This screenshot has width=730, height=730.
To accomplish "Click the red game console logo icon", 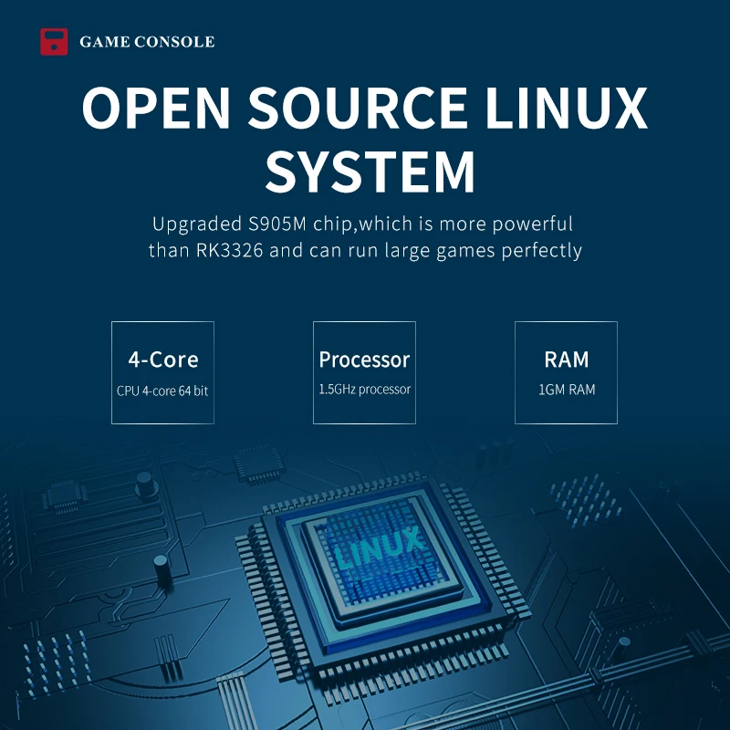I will tap(54, 42).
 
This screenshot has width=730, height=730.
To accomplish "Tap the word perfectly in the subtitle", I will tap(541, 250).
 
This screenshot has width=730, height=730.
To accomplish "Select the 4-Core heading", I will tap(162, 360).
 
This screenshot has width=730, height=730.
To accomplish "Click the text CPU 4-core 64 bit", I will tap(162, 391).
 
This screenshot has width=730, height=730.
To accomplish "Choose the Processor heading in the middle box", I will tap(364, 360).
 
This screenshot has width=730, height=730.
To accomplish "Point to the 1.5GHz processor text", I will tap(364, 390).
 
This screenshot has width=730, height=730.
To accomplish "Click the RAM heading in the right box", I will tap(566, 360).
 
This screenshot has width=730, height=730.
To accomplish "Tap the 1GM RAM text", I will tap(566, 390).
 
